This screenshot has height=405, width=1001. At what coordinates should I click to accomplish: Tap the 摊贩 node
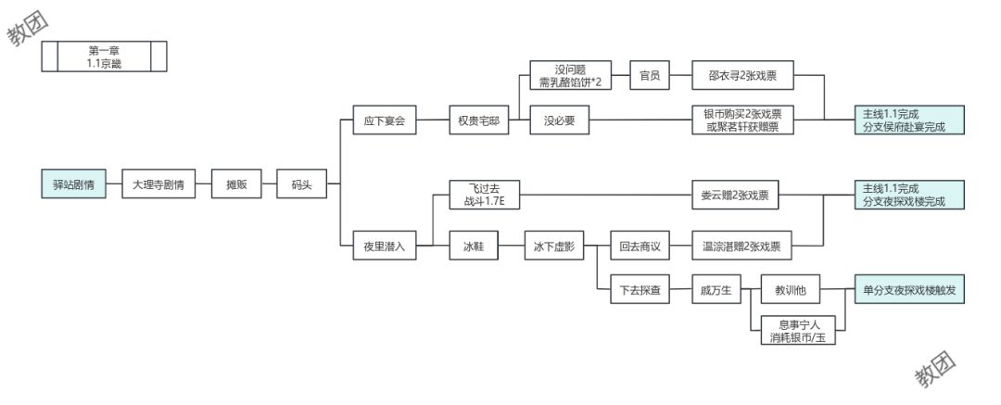point(237,184)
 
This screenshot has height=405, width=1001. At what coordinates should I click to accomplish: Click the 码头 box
point(301,184)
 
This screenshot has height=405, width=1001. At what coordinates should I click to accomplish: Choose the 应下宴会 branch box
point(386,120)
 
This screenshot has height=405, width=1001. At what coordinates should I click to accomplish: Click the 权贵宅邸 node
point(478,120)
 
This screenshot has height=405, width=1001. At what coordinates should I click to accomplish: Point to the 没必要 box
point(559,120)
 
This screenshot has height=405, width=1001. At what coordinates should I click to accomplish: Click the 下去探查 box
point(640,291)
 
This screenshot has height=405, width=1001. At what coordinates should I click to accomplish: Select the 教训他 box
point(791,291)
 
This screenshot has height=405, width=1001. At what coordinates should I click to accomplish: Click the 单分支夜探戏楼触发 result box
point(908,291)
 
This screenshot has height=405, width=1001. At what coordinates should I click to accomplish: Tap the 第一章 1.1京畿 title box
point(105,57)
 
